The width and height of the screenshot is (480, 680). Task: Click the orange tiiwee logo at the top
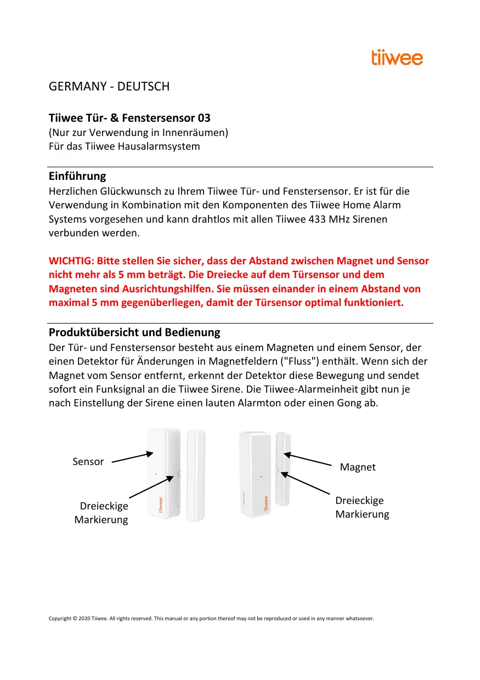397,58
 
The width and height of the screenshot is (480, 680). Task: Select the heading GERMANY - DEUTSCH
109,87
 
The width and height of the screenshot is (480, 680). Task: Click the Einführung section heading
77,177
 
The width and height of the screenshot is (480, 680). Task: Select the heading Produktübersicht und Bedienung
134,332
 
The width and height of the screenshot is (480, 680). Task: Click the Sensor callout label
88,462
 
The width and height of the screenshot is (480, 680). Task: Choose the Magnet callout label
358,467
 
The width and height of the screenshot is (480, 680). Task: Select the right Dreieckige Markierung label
362,507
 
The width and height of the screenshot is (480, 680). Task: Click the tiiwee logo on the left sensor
161,503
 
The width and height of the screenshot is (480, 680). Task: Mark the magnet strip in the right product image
283,469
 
